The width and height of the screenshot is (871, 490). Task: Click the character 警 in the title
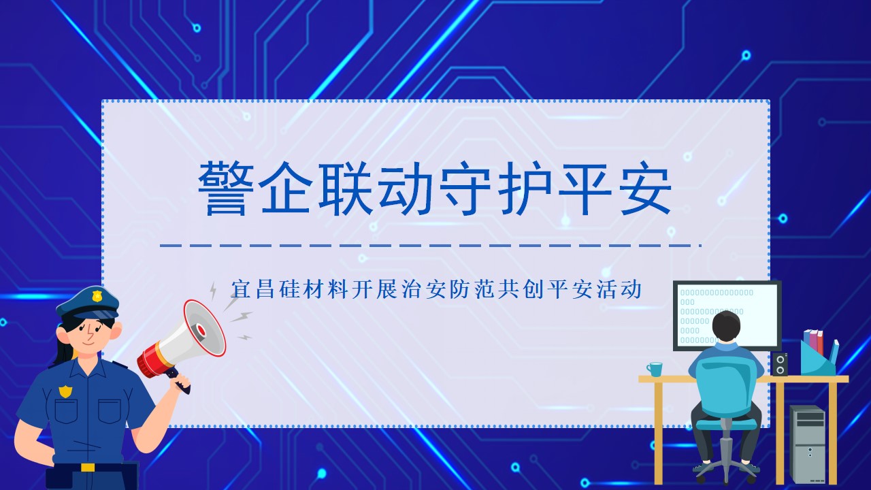pyautogui.click(x=226, y=189)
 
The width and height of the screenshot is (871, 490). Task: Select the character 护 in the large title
pyautogui.click(x=525, y=189)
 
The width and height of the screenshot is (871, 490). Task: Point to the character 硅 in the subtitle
pyautogui.click(x=290, y=289)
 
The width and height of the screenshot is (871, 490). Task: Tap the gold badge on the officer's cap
pyautogui.click(x=96, y=297)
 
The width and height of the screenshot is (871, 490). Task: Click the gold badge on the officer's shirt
pyautogui.click(x=65, y=391)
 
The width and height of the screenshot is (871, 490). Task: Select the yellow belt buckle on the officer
pyautogui.click(x=88, y=467)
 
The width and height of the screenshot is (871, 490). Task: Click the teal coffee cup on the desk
pyautogui.click(x=655, y=369)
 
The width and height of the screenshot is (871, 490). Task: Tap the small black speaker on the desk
pyautogui.click(x=780, y=364)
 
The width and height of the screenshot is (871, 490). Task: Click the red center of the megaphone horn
pyautogui.click(x=201, y=331)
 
